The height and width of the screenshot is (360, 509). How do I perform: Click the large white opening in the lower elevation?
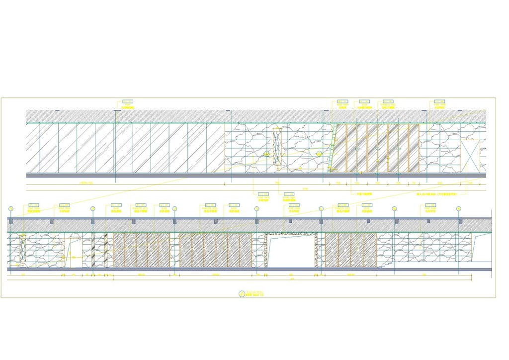[x=291, y=252]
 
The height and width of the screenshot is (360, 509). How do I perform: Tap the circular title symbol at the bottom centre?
[x=242, y=294]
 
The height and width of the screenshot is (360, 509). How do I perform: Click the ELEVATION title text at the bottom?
[x=254, y=292]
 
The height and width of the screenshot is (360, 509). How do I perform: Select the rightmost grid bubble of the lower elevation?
[x=459, y=208]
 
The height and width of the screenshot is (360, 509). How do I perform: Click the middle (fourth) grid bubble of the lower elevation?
[x=256, y=208]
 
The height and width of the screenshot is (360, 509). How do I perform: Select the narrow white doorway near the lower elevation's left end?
[x=75, y=253]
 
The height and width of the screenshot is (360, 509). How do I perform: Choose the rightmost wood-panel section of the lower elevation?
[x=351, y=250]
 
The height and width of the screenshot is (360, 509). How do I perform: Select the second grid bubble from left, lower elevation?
[x=92, y=208]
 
